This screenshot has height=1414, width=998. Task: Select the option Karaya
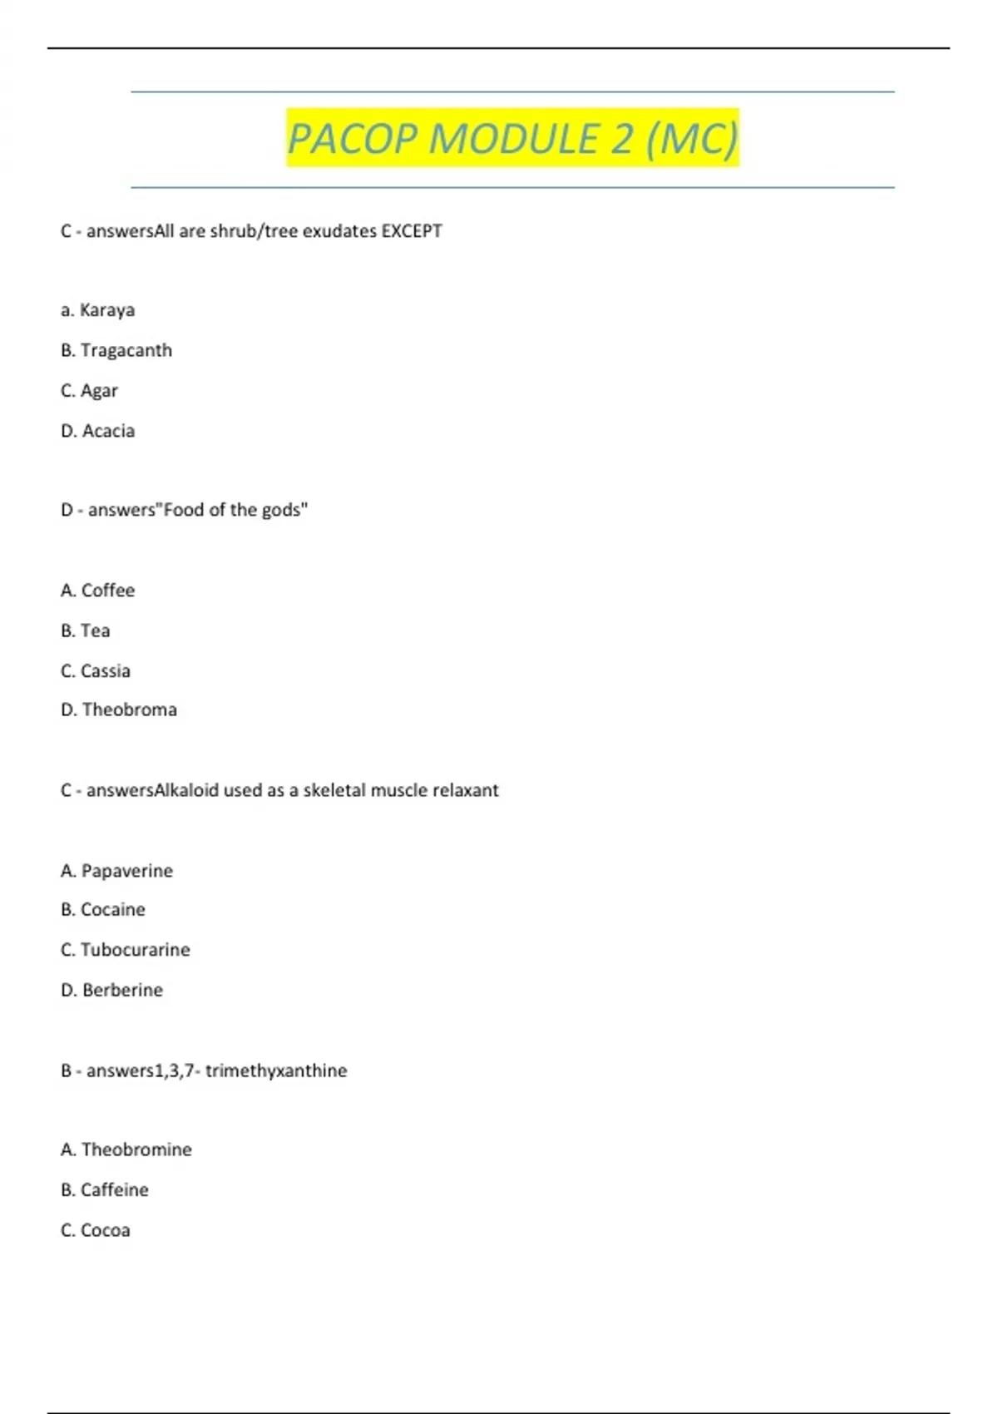[106, 310]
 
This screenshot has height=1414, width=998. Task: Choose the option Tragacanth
[126, 350]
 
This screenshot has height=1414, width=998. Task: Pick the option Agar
[99, 391]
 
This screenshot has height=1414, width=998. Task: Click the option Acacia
[108, 431]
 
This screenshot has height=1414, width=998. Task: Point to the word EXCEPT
[412, 231]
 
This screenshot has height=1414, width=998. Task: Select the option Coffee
[107, 591]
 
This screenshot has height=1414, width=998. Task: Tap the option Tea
[95, 630]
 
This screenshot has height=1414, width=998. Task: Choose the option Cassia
[105, 670]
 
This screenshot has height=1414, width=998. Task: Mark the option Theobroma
[129, 709]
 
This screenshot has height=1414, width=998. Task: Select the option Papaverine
[126, 871]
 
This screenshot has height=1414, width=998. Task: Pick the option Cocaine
[112, 910]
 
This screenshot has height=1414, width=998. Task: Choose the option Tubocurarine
[135, 950]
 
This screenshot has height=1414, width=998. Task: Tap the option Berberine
[122, 990]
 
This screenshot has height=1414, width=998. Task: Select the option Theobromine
[136, 1149]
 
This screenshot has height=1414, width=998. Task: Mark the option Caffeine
[114, 1190]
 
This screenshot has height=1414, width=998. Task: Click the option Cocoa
[105, 1230]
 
